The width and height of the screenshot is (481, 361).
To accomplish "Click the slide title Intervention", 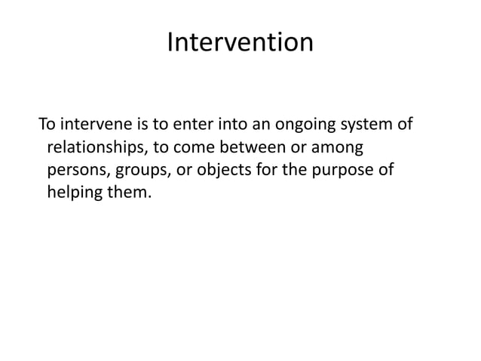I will tap(240, 42).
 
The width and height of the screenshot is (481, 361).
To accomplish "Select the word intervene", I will tap(97, 123).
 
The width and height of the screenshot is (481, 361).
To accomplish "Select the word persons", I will tap(78, 170).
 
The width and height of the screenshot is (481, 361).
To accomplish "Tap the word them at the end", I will tap(131, 193).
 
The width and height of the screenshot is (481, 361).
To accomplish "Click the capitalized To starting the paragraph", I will tap(47, 123).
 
